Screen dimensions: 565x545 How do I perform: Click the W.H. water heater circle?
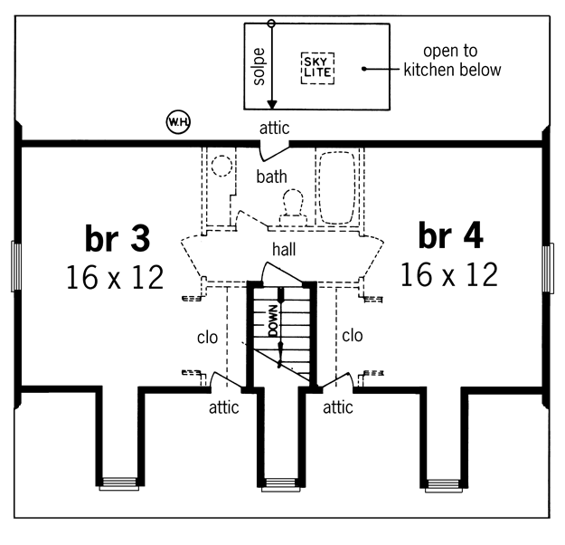(x=178, y=122)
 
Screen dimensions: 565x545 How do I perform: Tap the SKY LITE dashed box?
(x=317, y=68)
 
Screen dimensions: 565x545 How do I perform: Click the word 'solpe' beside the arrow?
(x=259, y=67)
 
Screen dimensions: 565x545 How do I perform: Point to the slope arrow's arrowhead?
(x=272, y=104)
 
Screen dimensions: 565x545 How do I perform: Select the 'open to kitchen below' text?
(x=452, y=61)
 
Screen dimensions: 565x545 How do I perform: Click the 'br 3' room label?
(x=118, y=238)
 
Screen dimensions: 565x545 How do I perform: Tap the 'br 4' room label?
(x=451, y=235)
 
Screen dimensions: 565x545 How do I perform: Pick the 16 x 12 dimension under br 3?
(x=116, y=277)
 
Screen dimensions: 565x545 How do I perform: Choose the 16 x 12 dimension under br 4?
(x=449, y=274)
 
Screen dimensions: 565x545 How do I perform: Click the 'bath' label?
(x=272, y=177)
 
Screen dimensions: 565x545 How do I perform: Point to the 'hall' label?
(x=284, y=249)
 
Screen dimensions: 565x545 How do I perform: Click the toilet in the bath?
(x=293, y=207)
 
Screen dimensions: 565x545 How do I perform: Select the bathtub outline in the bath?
(x=337, y=188)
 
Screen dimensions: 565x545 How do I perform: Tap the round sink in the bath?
(x=221, y=166)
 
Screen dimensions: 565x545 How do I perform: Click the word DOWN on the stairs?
(x=274, y=320)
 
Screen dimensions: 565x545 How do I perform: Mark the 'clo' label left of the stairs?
(x=208, y=338)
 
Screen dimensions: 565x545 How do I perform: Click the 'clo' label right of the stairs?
(x=352, y=336)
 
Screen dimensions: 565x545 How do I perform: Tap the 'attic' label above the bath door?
(x=274, y=129)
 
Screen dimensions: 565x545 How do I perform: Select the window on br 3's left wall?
(x=16, y=266)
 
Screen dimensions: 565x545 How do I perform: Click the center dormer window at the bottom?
(x=281, y=484)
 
